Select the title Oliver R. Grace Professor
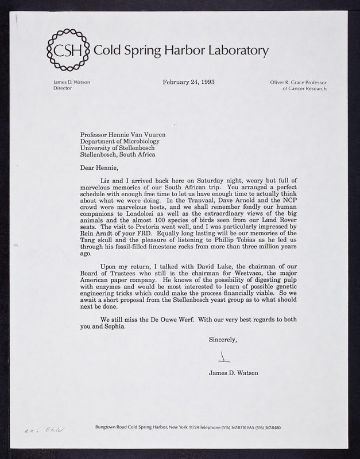tap(298, 82)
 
